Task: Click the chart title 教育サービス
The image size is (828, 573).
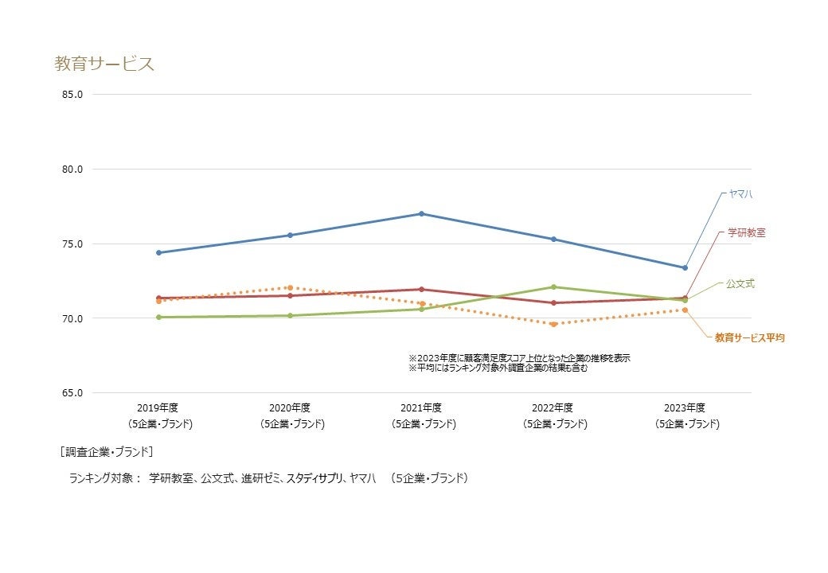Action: [104, 64]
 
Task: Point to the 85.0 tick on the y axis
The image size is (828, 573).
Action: [72, 95]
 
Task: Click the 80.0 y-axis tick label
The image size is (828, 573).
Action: [72, 170]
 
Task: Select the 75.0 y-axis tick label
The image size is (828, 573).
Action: [72, 244]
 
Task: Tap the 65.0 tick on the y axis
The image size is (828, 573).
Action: [72, 393]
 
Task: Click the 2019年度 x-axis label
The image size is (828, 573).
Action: [158, 407]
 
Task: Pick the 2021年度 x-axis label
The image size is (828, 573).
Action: [421, 407]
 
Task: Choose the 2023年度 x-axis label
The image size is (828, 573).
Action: [685, 407]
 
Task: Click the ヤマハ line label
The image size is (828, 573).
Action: [740, 193]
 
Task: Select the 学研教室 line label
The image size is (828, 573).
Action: [747, 232]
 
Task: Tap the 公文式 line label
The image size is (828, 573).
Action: [740, 283]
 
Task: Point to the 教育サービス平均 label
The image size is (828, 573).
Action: [750, 338]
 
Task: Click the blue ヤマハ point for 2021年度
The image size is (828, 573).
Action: [422, 213]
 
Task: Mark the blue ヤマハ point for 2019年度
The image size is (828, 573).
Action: [158, 252]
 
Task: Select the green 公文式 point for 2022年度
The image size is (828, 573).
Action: [553, 286]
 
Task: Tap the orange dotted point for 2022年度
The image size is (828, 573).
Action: [553, 324]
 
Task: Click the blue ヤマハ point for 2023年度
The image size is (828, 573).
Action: [685, 267]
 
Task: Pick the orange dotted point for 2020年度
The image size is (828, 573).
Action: [291, 287]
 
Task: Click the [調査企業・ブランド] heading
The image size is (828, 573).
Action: [106, 452]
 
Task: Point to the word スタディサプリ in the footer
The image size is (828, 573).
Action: [314, 478]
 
